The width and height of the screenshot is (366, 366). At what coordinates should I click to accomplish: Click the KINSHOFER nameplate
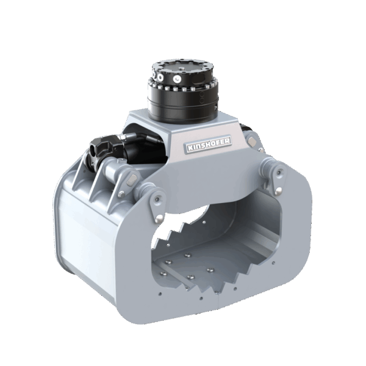209,144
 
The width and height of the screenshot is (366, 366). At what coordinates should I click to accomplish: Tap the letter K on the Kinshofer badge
190,148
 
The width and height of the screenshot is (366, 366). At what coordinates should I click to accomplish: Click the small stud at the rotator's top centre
181,68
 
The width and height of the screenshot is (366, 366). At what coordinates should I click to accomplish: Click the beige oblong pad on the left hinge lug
131,179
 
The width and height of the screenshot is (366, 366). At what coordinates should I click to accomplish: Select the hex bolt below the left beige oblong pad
121,194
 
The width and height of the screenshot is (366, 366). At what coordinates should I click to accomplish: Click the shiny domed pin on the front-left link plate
159,219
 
